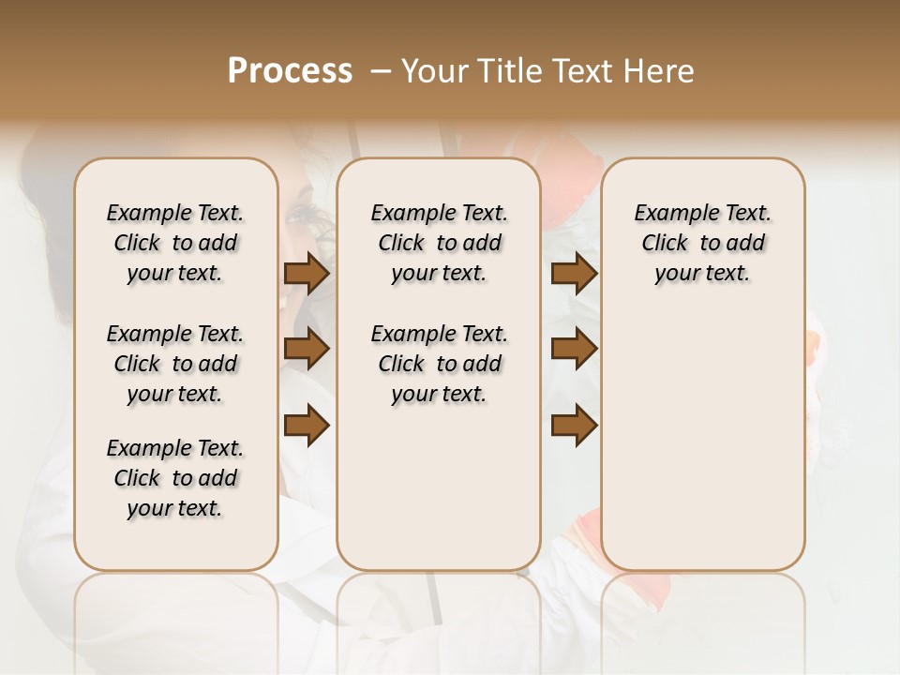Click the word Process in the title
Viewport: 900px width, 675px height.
(x=290, y=71)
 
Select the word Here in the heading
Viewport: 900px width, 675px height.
(x=658, y=71)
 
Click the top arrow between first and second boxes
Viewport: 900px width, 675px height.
(x=307, y=274)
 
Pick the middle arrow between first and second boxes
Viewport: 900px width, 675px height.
(x=307, y=350)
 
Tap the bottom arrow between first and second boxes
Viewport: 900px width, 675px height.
(x=307, y=426)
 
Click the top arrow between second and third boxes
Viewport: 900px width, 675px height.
(x=574, y=274)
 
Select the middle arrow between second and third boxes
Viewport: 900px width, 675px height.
(x=574, y=350)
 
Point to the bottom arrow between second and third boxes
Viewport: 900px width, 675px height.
(x=574, y=426)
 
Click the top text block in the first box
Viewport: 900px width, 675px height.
(x=175, y=243)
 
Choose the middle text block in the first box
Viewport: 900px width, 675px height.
(x=175, y=364)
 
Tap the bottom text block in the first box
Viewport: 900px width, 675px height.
(x=175, y=478)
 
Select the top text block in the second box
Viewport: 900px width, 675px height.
(x=439, y=243)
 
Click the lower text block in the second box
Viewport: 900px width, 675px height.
(x=439, y=364)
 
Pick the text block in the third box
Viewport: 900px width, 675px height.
(x=702, y=243)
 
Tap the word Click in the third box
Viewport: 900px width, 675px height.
(x=665, y=244)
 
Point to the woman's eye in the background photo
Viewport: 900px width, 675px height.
(x=302, y=217)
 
